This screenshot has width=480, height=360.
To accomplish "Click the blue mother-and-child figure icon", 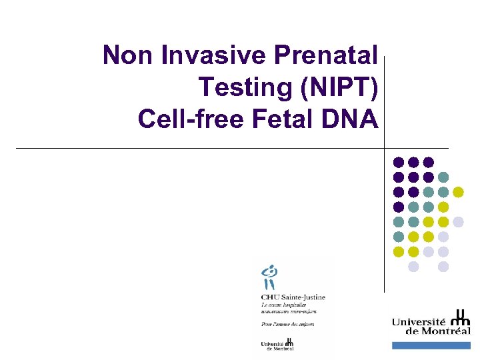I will click(270, 278).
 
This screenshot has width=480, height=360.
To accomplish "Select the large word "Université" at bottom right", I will click(420, 322).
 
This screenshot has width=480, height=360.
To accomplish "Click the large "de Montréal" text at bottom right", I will click(431, 331).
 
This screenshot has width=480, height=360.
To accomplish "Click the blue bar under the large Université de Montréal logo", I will click(431, 345).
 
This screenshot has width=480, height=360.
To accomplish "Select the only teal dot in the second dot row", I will click(443, 177).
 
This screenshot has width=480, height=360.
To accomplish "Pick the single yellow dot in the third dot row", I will click(458, 192).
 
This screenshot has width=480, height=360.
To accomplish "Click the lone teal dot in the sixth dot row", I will click(399, 237).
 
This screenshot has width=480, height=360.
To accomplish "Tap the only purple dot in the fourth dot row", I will click(399, 207).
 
